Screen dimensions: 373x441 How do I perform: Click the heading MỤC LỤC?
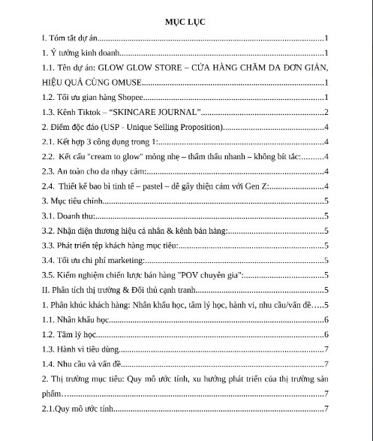[x=186, y=22]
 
